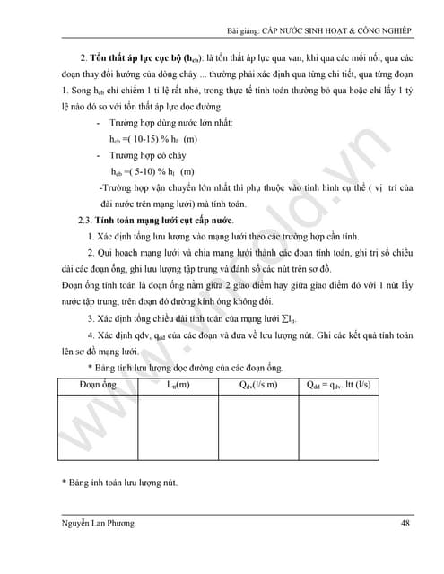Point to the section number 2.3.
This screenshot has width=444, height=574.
coord(86,220)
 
